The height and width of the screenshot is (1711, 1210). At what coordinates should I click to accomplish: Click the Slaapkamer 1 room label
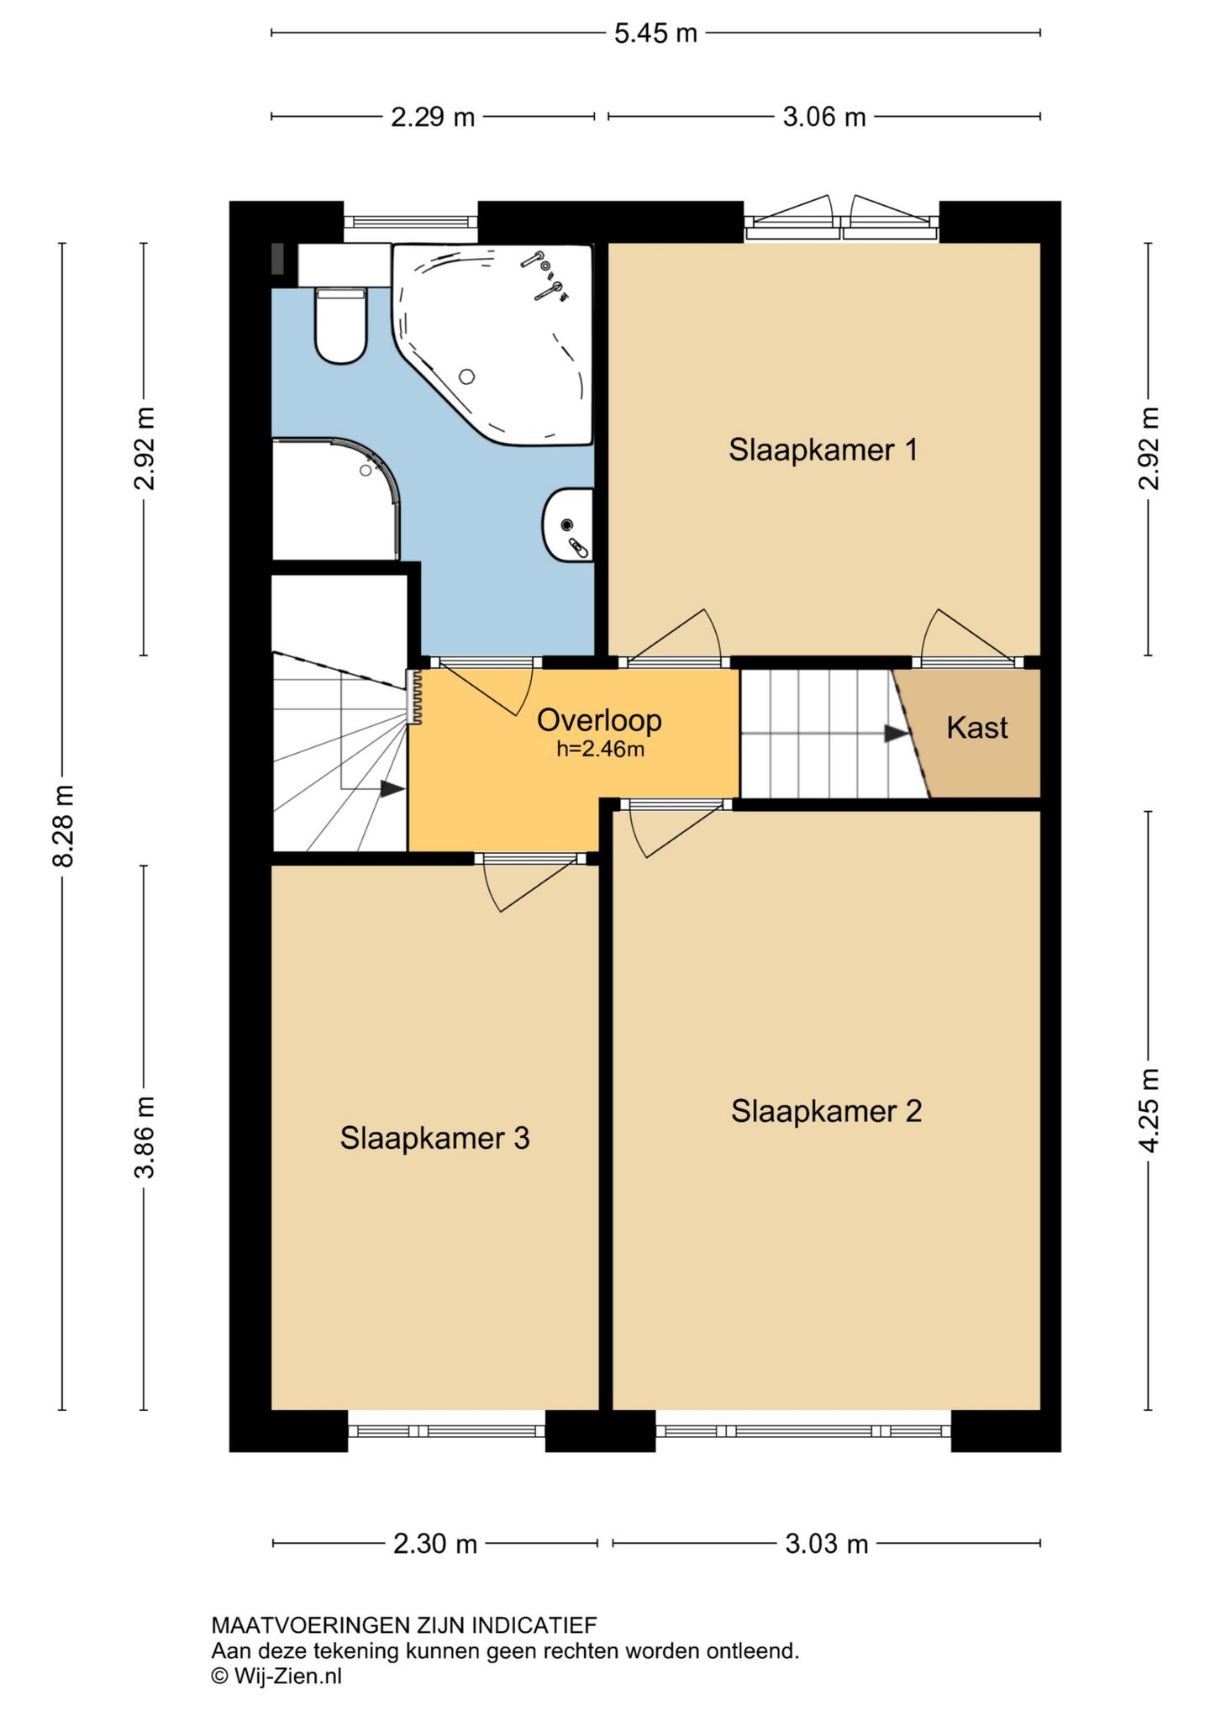pyautogui.click(x=823, y=450)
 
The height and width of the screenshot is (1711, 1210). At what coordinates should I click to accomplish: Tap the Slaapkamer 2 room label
pyautogui.click(x=826, y=1111)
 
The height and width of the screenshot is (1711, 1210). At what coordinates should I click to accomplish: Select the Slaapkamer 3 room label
pyautogui.click(x=434, y=1138)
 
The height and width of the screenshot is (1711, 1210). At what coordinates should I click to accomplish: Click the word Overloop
pyautogui.click(x=599, y=720)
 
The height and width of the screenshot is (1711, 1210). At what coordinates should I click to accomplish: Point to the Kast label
pyautogui.click(x=976, y=728)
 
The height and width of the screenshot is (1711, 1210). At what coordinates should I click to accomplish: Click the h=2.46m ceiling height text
pyautogui.click(x=600, y=749)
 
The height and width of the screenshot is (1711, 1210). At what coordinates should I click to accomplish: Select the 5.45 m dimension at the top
pyautogui.click(x=655, y=34)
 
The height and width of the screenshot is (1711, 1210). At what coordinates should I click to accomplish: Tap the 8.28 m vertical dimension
pyautogui.click(x=64, y=826)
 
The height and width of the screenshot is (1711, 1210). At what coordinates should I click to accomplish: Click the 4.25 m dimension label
pyautogui.click(x=1149, y=1110)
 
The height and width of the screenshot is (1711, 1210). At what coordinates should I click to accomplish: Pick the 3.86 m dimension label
pyautogui.click(x=145, y=1137)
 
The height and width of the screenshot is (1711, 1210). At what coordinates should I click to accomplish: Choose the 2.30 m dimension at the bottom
pyautogui.click(x=435, y=1544)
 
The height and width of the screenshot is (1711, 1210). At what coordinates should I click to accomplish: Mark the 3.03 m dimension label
pyautogui.click(x=827, y=1544)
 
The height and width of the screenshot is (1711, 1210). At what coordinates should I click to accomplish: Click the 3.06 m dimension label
pyautogui.click(x=824, y=117)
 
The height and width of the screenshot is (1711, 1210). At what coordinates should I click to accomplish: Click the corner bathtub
pyautogui.click(x=493, y=343)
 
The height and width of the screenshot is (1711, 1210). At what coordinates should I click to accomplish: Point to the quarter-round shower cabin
pyautogui.click(x=336, y=499)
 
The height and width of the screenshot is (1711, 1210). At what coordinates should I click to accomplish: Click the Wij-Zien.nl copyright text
pyautogui.click(x=276, y=1676)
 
